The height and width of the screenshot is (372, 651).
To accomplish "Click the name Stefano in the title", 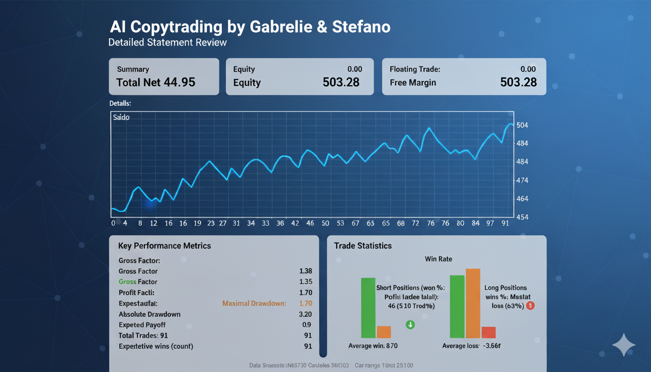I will pyautogui.click(x=361, y=27).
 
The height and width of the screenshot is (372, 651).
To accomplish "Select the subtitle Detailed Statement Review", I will pyautogui.click(x=168, y=42).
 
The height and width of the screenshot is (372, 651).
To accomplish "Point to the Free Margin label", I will pyautogui.click(x=413, y=83).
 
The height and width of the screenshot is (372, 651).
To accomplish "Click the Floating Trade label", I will pyautogui.click(x=415, y=69).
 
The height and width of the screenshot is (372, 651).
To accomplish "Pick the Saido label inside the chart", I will pyautogui.click(x=121, y=117).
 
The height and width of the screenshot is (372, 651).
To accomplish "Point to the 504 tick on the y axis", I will pyautogui.click(x=523, y=125).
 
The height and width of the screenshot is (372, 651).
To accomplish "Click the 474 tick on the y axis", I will pyautogui.click(x=523, y=180).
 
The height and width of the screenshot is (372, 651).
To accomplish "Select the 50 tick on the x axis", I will pyautogui.click(x=325, y=223).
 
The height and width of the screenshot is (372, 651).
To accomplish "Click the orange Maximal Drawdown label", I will pyautogui.click(x=254, y=303).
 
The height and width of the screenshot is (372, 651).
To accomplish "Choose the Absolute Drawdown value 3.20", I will pyautogui.click(x=306, y=314).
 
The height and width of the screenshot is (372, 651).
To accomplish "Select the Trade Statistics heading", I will pyautogui.click(x=363, y=246).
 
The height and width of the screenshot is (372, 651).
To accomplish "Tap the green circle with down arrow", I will pyautogui.click(x=410, y=325).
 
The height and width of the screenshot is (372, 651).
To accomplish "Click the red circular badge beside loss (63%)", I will pyautogui.click(x=530, y=306).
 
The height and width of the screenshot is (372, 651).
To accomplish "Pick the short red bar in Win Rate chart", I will pyautogui.click(x=488, y=332).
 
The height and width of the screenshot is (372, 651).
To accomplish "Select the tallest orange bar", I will pyautogui.click(x=473, y=303).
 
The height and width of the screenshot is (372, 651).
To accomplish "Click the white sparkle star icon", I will pyautogui.click(x=623, y=345).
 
